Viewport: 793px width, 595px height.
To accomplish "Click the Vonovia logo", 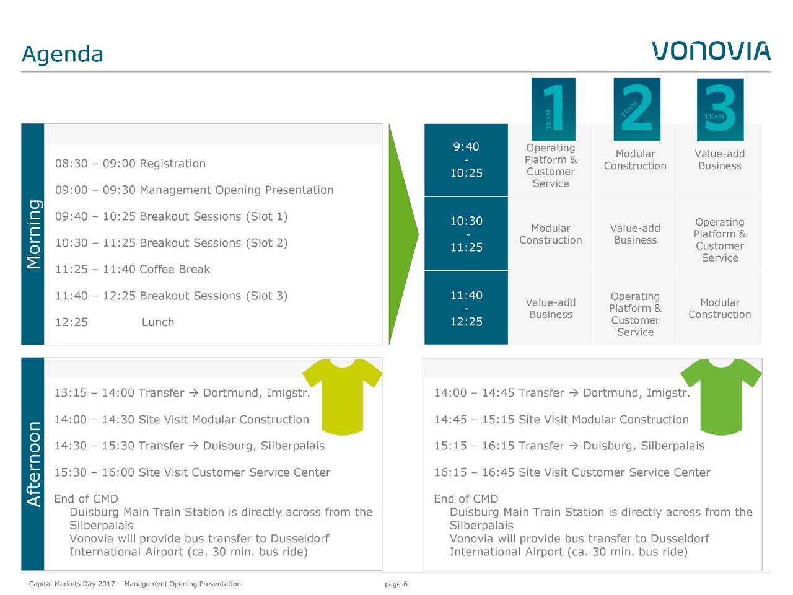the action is (711, 51).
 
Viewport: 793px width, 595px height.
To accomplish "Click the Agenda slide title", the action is (63, 54).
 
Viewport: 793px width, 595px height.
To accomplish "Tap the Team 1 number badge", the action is (553, 109).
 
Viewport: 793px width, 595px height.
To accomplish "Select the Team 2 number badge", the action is (637, 109).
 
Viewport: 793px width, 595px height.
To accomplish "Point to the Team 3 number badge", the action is (720, 110).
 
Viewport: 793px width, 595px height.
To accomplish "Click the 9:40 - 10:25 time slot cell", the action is (466, 160).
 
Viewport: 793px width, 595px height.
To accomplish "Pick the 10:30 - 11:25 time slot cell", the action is (466, 234).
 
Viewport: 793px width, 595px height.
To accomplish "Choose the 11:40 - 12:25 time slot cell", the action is (466, 308).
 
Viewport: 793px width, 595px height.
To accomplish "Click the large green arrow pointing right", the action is (403, 234).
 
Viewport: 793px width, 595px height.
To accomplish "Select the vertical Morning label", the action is (33, 234).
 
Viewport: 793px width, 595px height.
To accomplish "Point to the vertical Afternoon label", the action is (33, 464).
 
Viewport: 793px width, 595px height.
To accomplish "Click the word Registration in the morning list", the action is (172, 164).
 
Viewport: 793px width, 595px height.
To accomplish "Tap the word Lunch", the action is (158, 322).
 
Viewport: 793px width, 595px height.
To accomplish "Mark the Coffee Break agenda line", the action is (133, 270).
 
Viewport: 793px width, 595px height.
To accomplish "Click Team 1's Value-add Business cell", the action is (551, 308).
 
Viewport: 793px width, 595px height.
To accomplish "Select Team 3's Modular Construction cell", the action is (720, 308).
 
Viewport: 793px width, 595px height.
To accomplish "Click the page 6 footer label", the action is (396, 584).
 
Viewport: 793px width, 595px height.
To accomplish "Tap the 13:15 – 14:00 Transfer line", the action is (182, 393).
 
